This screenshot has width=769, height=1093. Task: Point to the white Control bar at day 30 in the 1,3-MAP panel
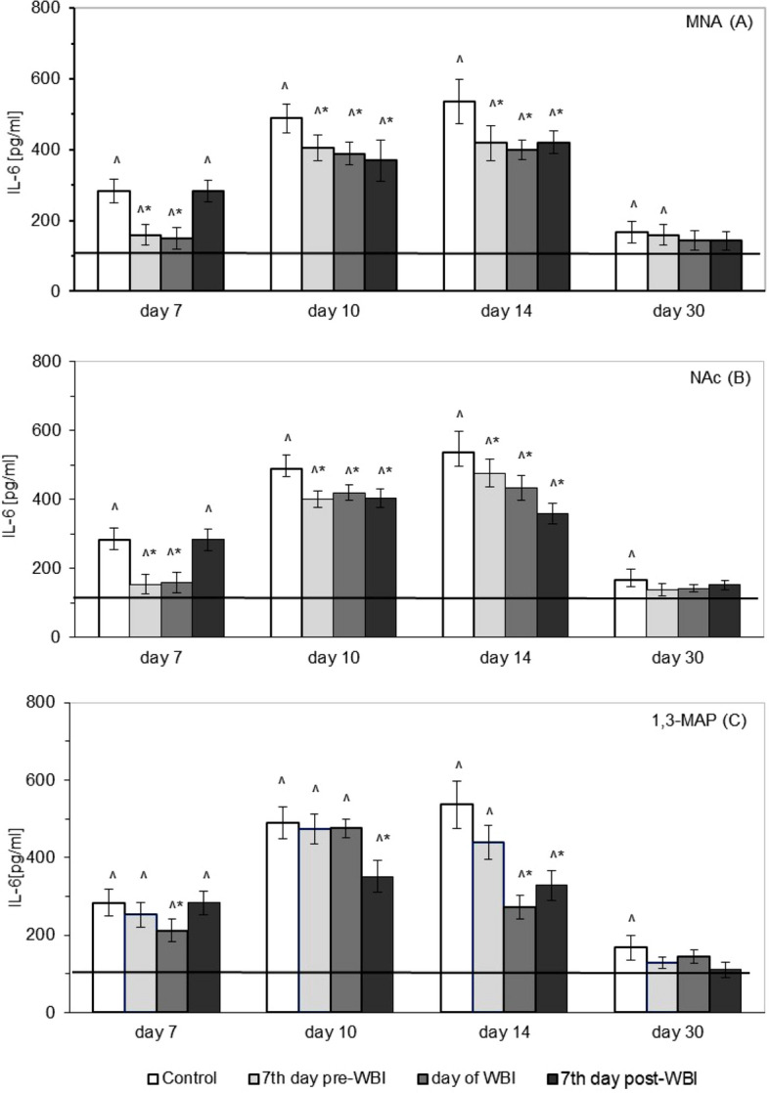tap(631, 979)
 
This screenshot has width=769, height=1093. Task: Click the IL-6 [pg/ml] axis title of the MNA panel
tap(14, 150)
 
